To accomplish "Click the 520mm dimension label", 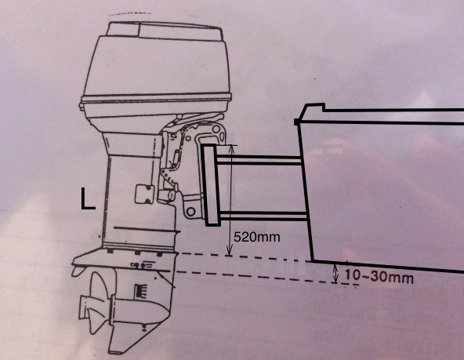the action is coord(256,237).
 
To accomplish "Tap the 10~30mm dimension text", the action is coord(379,277).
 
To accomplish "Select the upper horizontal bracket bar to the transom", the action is coord(259,159).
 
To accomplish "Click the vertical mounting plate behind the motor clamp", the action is coord(211,185).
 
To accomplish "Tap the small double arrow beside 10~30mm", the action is coord(335,274).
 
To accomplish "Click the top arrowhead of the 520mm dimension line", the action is coord(232,147).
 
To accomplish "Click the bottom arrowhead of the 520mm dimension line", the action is coord(229,253).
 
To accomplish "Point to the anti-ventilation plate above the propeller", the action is coord(125,260).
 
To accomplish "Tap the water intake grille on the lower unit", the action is coord(141,291).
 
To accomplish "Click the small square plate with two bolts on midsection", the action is coord(145,195).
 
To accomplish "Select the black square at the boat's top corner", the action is coord(296,122).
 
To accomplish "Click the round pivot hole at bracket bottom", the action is coord(191,211).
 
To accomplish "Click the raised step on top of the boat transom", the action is coord(314,108).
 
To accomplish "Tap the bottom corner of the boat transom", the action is coord(313,261).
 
